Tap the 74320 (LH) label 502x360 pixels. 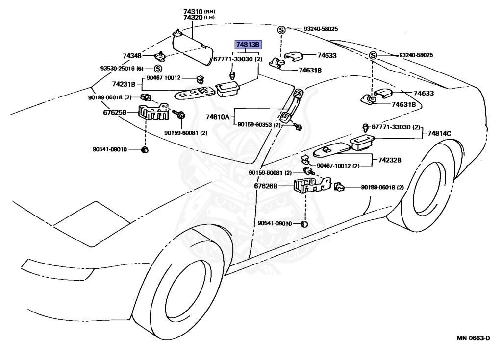click(x=199, y=17)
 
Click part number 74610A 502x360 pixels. click(x=218, y=117)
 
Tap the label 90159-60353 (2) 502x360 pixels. click(x=259, y=125)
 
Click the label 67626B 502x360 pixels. click(x=265, y=186)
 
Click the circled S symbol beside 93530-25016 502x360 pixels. click(x=158, y=68)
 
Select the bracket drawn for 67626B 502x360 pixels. click(x=308, y=186)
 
